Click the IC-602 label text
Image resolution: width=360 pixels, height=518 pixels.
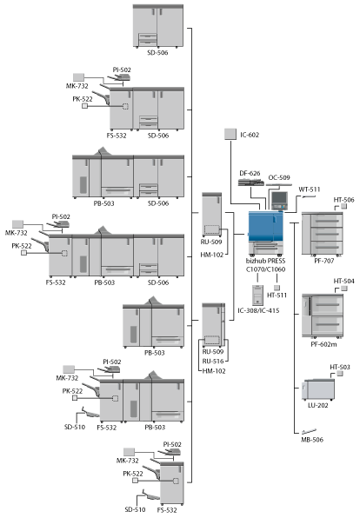click(x=250, y=135)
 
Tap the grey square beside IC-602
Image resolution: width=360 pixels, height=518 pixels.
click(x=230, y=134)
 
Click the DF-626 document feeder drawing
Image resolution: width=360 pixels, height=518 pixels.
click(x=251, y=182)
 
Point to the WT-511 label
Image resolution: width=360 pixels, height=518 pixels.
click(x=310, y=189)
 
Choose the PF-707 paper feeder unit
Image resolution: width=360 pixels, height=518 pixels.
click(x=323, y=234)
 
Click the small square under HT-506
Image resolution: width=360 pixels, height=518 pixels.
click(x=343, y=206)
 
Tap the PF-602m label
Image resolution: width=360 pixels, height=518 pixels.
click(x=323, y=344)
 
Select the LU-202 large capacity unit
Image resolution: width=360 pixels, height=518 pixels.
click(x=318, y=389)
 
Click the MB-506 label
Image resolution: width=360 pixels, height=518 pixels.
click(x=312, y=440)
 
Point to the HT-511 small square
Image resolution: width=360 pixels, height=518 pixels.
click(x=277, y=288)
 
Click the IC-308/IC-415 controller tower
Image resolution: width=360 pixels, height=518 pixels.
click(x=257, y=295)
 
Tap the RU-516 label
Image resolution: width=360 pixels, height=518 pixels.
click(x=213, y=361)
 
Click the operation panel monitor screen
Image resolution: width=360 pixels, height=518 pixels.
click(x=279, y=198)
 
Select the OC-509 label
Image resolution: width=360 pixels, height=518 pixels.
click(x=279, y=177)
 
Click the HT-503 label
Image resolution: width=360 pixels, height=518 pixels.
click(x=340, y=367)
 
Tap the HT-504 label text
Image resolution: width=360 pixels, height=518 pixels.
click(x=343, y=281)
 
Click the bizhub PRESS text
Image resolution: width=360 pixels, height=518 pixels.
click(x=265, y=261)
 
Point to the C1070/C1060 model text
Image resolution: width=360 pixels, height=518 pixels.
click(x=265, y=269)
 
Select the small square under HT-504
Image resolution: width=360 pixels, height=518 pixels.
click(x=344, y=289)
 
